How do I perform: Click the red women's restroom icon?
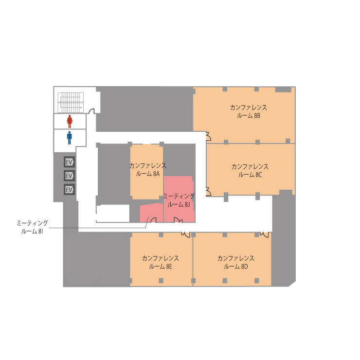coord(70,122)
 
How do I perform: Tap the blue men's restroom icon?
coord(70,138)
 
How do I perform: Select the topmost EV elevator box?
coord(69,162)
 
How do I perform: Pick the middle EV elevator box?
coord(69,176)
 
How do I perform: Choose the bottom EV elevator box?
coord(69,190)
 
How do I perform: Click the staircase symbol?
coord(71,103)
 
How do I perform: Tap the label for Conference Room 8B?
coord(249,111)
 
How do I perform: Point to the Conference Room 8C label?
coord(250,171)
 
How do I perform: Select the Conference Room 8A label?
coord(147,170)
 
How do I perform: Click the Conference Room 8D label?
coord(236,262)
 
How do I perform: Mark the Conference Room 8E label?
coord(160,262)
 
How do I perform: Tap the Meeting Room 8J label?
coord(179,200)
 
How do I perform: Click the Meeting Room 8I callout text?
coord(32,227)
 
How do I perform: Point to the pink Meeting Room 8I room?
coord(151,213)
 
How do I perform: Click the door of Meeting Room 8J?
coord(178,220)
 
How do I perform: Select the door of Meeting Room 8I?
coord(153,220)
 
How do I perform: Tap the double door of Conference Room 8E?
coord(186,234)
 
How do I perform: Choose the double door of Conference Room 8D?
coord(264,234)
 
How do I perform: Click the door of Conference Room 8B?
coord(209,136)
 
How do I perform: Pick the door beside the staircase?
coord(91,111)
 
